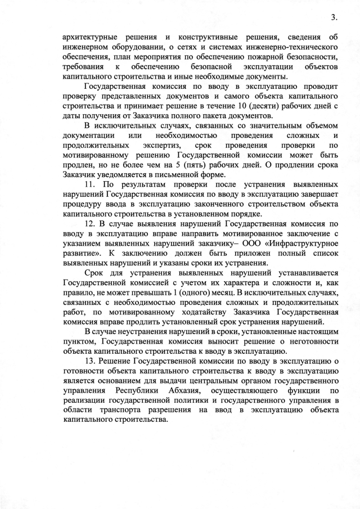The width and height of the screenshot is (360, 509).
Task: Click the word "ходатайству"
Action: tap(211, 314)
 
